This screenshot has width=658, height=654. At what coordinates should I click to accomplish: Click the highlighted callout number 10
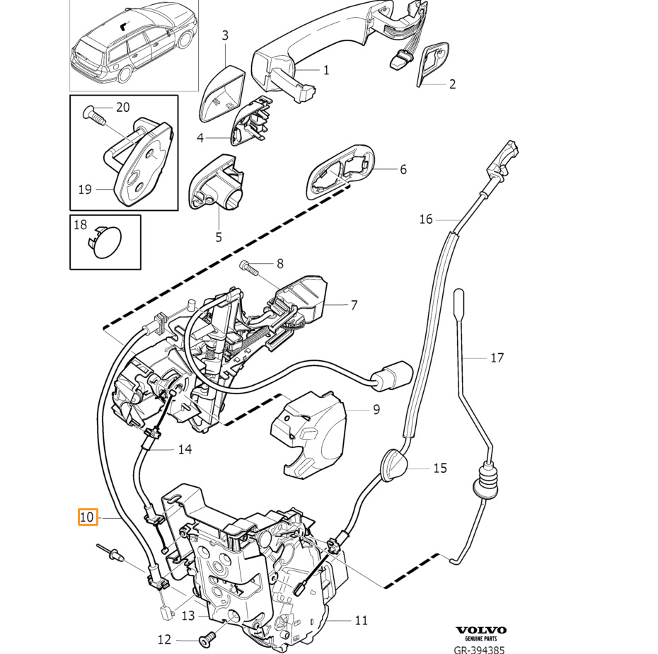click(88, 517)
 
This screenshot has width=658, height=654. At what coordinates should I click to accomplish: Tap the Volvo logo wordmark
click(481, 630)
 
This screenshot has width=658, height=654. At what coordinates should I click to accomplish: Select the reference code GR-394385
click(479, 649)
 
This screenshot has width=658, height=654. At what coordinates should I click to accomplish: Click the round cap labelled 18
click(104, 242)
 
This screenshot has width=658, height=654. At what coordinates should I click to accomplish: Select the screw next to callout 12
click(207, 639)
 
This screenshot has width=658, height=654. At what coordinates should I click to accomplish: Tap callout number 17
click(497, 357)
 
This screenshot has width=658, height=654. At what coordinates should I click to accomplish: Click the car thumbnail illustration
click(134, 46)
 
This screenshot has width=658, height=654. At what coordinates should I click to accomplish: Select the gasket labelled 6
click(340, 171)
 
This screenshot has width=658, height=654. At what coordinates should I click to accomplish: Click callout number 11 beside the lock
click(361, 619)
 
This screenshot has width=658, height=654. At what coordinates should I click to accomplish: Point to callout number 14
click(185, 449)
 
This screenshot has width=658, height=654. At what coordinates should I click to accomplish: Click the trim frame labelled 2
click(432, 64)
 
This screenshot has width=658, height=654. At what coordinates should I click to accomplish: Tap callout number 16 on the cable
click(425, 219)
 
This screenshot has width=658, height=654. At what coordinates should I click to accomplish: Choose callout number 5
click(218, 236)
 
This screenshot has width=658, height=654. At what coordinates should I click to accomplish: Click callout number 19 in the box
click(85, 189)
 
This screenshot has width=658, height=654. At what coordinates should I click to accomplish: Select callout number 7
click(354, 305)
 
